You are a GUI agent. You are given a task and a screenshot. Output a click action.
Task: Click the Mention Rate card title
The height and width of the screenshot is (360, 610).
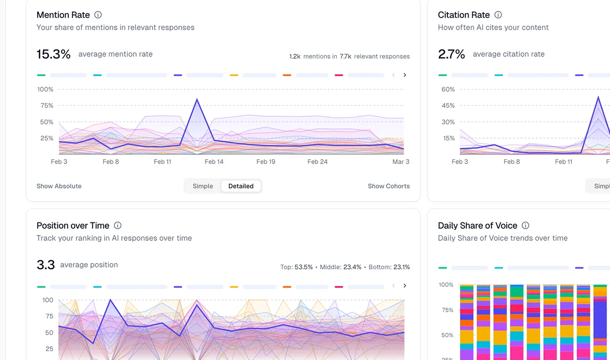pos(63,15)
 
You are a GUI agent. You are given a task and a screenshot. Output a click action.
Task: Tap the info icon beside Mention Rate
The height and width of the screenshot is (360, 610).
pos(98,15)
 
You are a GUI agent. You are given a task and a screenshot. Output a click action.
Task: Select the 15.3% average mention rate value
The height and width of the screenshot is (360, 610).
pos(53,54)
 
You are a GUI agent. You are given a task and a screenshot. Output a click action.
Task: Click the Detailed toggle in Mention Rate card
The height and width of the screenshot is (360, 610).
pos(241,186)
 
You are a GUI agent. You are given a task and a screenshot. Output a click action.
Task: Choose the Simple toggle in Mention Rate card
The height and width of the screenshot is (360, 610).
pos(203,186)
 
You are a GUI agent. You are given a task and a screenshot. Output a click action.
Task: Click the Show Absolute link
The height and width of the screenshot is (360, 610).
pos(59,186)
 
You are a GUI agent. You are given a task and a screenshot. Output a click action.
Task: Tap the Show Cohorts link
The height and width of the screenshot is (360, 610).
pos(389,186)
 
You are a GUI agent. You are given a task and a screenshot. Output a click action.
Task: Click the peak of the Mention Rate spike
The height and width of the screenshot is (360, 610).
pos(197,100)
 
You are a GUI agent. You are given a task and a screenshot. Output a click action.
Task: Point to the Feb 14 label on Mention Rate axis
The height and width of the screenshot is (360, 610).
pos(214,161)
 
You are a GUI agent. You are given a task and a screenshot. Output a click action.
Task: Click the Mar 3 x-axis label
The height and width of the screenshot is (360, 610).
pos(401,161)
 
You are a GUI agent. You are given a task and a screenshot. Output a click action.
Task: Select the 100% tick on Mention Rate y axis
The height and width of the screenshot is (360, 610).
pos(46,89)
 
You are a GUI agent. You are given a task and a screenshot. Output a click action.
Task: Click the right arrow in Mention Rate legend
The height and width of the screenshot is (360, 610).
pos(405,75)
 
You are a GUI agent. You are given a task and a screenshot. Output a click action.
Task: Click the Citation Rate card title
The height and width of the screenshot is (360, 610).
pos(463,15)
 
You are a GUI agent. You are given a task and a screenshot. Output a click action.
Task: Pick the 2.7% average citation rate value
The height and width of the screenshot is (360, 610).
pos(452,54)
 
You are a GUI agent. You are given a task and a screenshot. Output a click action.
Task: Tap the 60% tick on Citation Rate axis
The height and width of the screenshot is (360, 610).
pos(448,89)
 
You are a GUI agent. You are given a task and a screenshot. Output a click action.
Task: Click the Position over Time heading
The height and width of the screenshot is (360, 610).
pos(73,226)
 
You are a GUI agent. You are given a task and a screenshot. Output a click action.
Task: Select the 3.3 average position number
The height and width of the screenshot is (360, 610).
pos(46,265)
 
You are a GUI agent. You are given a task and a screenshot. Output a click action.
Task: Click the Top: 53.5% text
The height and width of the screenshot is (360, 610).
pos(297,267)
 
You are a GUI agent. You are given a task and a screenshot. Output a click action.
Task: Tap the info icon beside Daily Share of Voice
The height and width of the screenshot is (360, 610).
pos(525,226)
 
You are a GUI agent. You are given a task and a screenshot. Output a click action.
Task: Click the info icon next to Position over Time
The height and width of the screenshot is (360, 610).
pos(118,226)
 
